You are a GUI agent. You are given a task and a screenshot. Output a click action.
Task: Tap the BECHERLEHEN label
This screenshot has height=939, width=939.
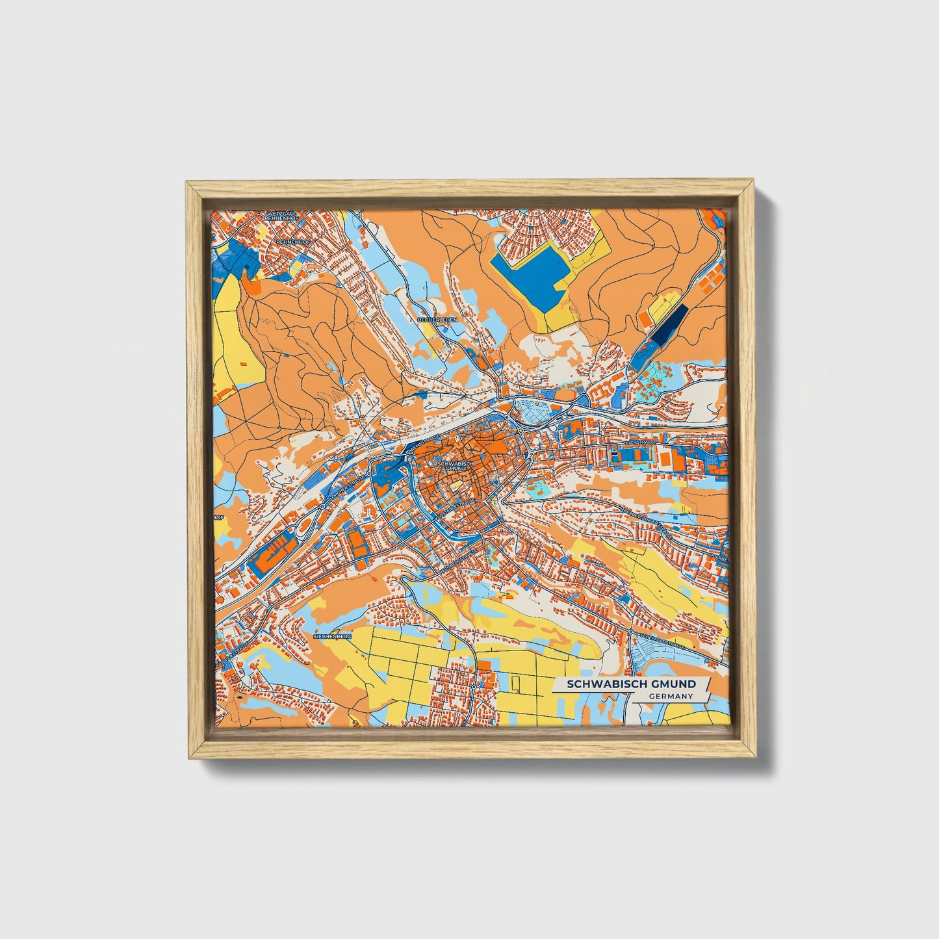pos(437,320)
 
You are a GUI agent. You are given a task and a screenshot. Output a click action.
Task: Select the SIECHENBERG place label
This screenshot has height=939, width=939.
pos(332,637)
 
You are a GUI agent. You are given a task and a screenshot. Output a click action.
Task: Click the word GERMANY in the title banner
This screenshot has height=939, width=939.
pos(671,696)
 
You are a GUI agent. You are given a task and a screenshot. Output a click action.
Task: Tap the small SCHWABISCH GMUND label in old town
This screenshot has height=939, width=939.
pos(456,466)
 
